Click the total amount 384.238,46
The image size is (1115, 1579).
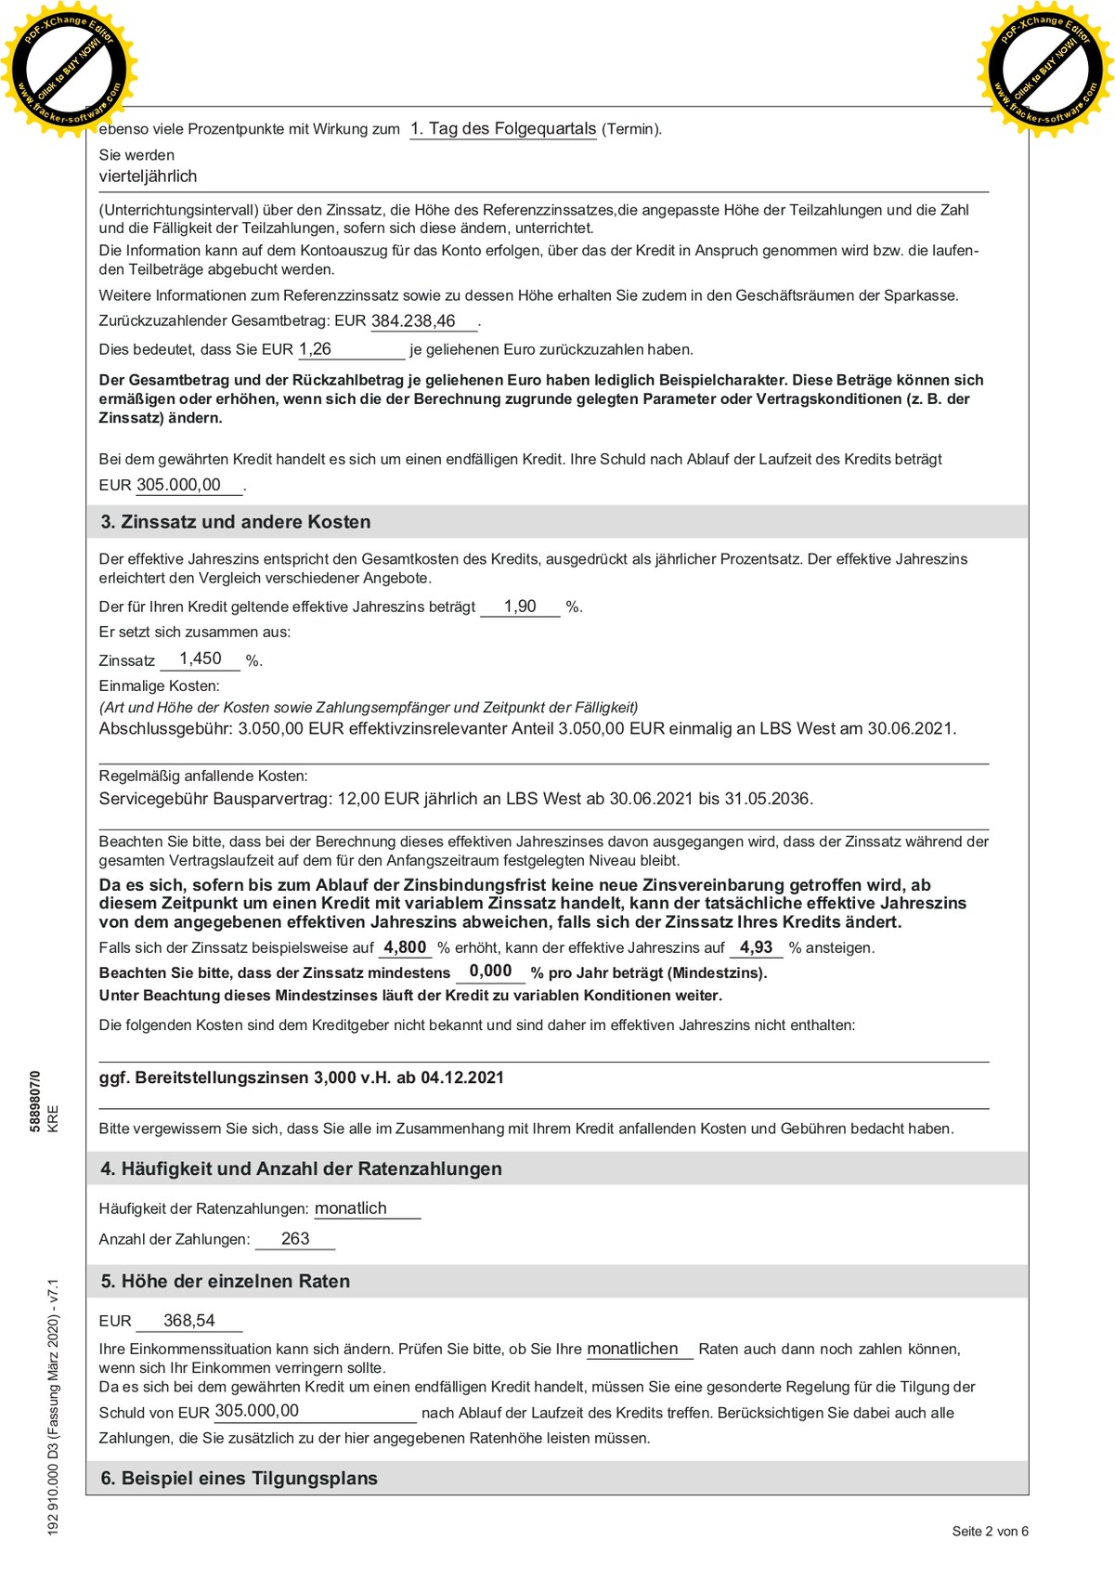tap(413, 321)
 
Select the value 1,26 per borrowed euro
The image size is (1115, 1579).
tap(316, 349)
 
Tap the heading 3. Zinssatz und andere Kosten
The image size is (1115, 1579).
tap(236, 522)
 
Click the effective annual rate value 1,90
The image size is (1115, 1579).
tap(520, 607)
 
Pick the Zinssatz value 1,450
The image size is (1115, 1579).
tap(201, 659)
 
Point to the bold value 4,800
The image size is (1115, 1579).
tap(405, 947)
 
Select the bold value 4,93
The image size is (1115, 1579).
tap(756, 947)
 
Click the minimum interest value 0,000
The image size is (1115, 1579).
tap(490, 972)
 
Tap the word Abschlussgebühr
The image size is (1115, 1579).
tap(163, 729)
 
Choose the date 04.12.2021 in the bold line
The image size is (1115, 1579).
tap(462, 1078)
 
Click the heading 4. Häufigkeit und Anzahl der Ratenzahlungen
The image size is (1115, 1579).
tap(302, 1169)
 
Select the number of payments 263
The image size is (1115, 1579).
tap(295, 1239)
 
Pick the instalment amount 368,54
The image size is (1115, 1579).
tap(189, 1321)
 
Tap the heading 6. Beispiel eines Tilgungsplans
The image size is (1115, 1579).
tap(240, 1479)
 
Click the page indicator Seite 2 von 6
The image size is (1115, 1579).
tap(990, 1532)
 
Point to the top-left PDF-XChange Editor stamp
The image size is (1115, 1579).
tap(70, 70)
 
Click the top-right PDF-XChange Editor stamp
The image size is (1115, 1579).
tap(1045, 70)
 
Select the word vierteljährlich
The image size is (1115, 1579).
tap(149, 176)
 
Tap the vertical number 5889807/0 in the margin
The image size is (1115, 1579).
tap(35, 1101)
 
